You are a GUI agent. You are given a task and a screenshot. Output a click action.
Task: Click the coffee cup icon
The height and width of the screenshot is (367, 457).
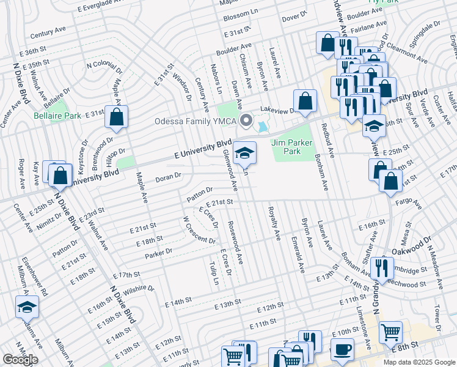pos(342,350)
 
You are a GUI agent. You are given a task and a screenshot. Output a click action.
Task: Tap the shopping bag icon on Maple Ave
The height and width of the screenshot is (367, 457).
pos(116,117)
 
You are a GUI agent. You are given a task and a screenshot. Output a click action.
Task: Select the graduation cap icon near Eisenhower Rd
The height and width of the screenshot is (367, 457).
pos(27,307)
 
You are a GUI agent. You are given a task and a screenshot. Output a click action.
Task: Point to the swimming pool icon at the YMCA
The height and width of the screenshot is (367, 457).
pos(262,127)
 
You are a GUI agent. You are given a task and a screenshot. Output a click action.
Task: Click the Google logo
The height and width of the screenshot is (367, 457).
pos(20,360)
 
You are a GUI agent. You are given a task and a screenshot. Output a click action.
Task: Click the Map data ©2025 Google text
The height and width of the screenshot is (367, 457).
pos(418,362)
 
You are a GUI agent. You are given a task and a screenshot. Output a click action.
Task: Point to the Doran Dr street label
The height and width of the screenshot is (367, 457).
pos(169,177)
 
